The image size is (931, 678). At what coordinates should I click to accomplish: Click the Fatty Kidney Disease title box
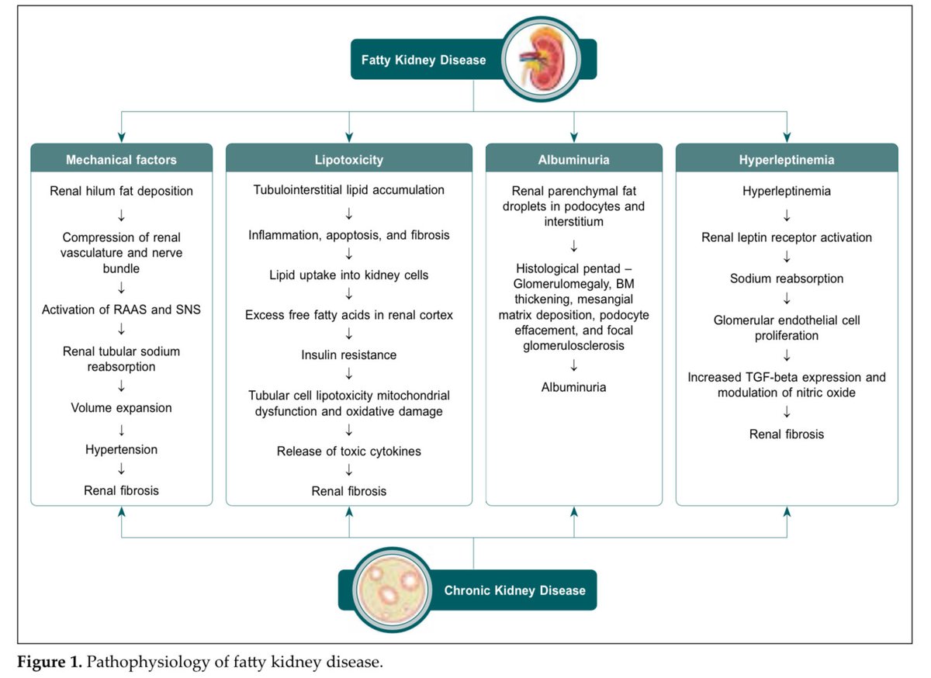[424, 60]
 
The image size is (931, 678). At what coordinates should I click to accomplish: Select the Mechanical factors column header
[121, 160]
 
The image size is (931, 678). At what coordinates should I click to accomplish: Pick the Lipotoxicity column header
[348, 160]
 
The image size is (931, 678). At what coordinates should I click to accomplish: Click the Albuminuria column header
[573, 160]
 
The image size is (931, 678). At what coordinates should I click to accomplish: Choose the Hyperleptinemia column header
[787, 160]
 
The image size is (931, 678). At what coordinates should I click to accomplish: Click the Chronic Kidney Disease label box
[514, 590]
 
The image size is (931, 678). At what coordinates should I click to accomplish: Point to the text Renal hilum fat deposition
[121, 190]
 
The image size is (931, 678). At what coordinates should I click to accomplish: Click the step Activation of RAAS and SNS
[121, 310]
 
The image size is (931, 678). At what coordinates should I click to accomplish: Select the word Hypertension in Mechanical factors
[121, 449]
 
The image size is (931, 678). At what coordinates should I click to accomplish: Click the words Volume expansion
[121, 407]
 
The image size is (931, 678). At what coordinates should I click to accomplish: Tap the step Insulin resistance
[348, 355]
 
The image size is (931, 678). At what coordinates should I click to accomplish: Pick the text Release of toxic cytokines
[348, 451]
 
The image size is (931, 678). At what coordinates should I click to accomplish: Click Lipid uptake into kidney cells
[348, 275]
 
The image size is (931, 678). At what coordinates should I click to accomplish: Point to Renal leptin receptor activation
[787, 237]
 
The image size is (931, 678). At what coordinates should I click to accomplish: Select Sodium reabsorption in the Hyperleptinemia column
[787, 278]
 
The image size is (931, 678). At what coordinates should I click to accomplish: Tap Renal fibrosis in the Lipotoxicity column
[348, 491]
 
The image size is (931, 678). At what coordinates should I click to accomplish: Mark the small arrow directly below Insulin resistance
[348, 375]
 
